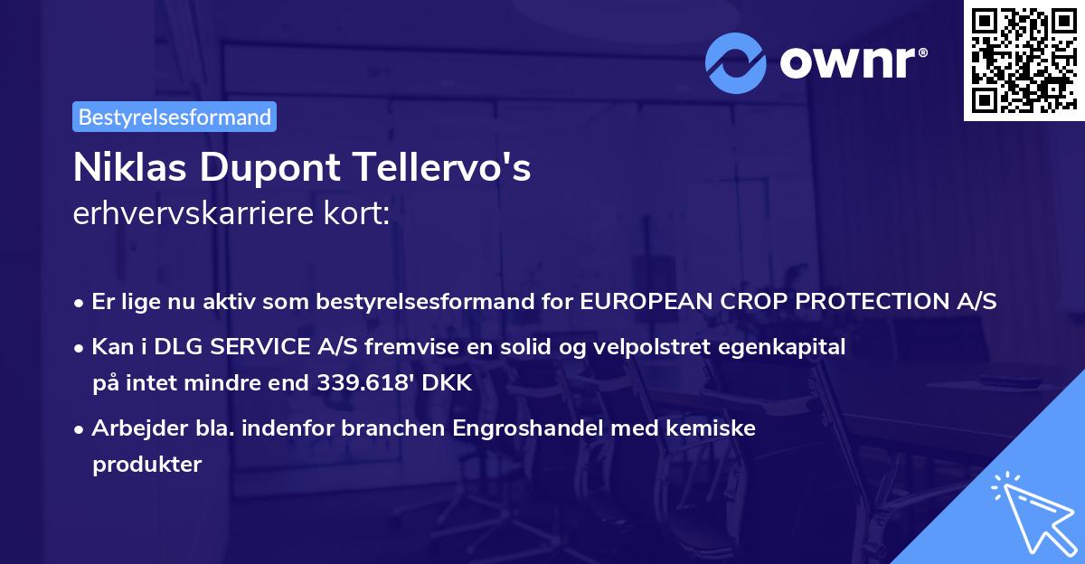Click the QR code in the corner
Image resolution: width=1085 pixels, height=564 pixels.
pos(1023,61)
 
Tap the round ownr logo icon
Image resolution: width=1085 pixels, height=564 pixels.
pos(735,62)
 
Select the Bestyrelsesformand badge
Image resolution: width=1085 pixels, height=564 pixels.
pos(175,117)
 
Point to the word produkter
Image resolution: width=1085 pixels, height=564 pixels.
pos(146,464)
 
